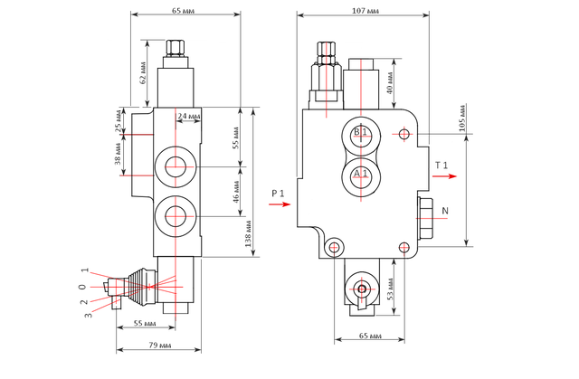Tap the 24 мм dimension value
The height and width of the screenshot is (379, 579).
189,116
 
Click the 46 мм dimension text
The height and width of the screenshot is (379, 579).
233,192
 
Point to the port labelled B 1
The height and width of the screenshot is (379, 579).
360,134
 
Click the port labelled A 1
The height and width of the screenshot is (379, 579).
360,173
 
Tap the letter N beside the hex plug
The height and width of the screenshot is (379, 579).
444,211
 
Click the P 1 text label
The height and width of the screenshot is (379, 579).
277,194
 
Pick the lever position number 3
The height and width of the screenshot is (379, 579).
88,314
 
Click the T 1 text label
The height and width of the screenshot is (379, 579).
441,165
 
